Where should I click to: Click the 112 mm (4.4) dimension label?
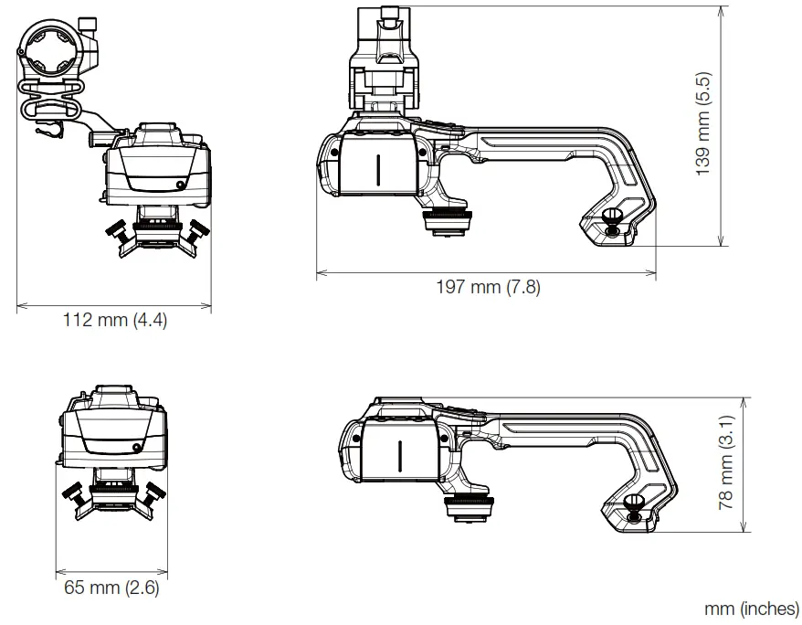tap(114, 321)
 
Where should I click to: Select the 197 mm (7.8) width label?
tap(487, 287)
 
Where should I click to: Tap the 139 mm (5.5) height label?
tap(703, 123)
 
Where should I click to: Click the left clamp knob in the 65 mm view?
tap(72, 494)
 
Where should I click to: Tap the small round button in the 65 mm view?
tap(136, 447)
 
